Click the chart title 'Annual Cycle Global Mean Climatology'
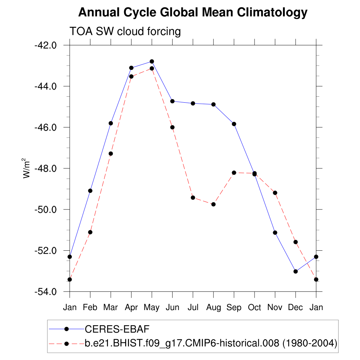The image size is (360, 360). click(x=193, y=13)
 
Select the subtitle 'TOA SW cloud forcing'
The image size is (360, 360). click(x=125, y=32)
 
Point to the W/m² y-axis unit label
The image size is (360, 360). click(x=27, y=168)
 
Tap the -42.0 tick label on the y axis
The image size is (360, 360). click(x=45, y=45)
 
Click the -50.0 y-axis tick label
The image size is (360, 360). click(x=45, y=210)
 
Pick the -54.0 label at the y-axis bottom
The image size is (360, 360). click(x=45, y=292)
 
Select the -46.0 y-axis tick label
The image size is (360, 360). click(x=45, y=127)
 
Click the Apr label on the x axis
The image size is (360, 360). click(x=131, y=308)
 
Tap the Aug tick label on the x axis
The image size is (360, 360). click(x=213, y=308)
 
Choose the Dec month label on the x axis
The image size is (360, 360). click(x=295, y=308)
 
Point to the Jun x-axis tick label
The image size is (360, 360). click(x=172, y=308)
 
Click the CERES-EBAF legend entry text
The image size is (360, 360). click(x=117, y=329)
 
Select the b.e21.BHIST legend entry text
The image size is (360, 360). click(x=211, y=343)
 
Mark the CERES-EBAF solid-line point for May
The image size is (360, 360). click(x=152, y=62)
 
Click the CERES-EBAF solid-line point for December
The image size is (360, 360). click(x=296, y=271)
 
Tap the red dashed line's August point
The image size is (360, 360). click(x=213, y=204)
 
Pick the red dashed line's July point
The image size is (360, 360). click(x=193, y=198)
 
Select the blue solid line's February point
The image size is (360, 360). click(x=90, y=191)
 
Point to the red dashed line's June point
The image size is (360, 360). click(x=172, y=127)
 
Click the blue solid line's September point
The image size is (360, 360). click(x=234, y=124)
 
